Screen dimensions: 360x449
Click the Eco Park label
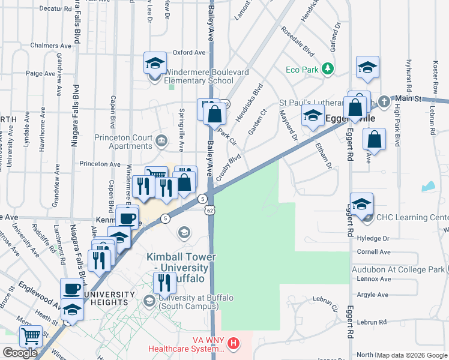tap(302, 70)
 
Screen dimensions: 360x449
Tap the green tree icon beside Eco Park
tap(328, 69)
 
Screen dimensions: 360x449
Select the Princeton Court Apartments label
tap(124, 142)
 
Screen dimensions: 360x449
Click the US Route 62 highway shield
tap(208, 211)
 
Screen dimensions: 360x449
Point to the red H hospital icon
tap(234, 344)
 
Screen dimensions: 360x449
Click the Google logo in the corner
tap(20, 353)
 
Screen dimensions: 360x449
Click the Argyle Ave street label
tap(372, 295)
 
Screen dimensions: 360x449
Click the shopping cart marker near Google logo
tap(31, 337)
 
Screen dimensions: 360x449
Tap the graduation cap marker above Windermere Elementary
tap(154, 62)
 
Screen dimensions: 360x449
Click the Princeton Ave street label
tap(100, 164)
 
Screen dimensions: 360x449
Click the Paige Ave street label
tap(41, 73)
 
